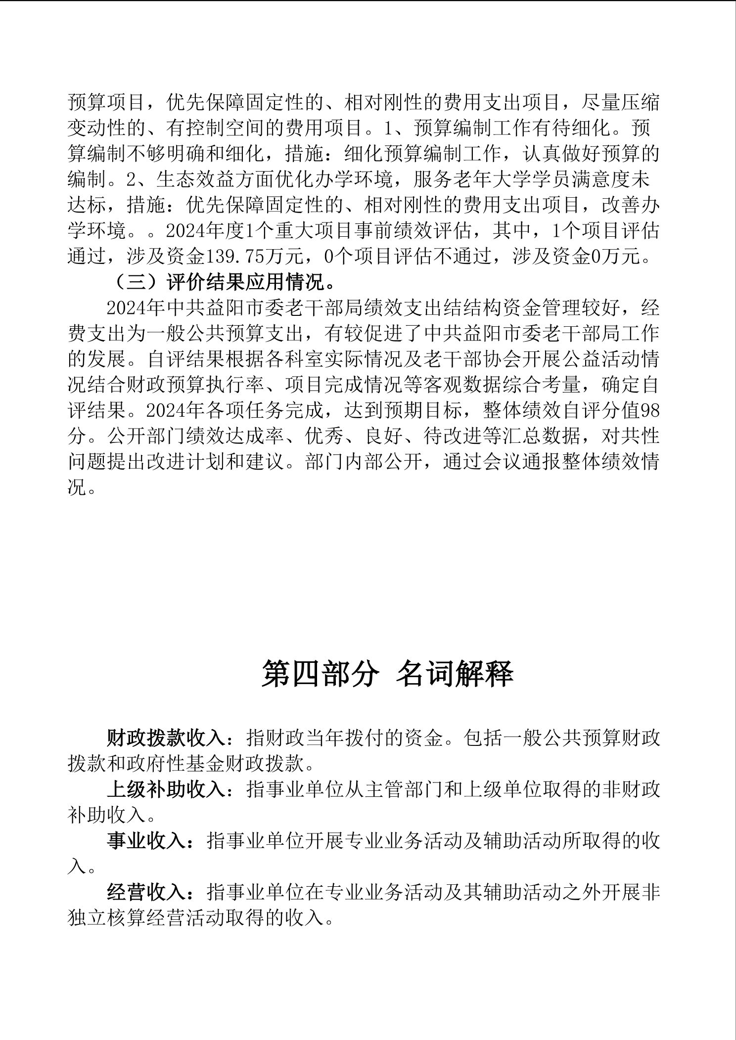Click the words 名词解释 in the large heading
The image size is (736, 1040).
coord(455,674)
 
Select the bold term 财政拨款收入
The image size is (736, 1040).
coord(166,738)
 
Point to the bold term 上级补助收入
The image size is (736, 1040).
coord(166,790)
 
